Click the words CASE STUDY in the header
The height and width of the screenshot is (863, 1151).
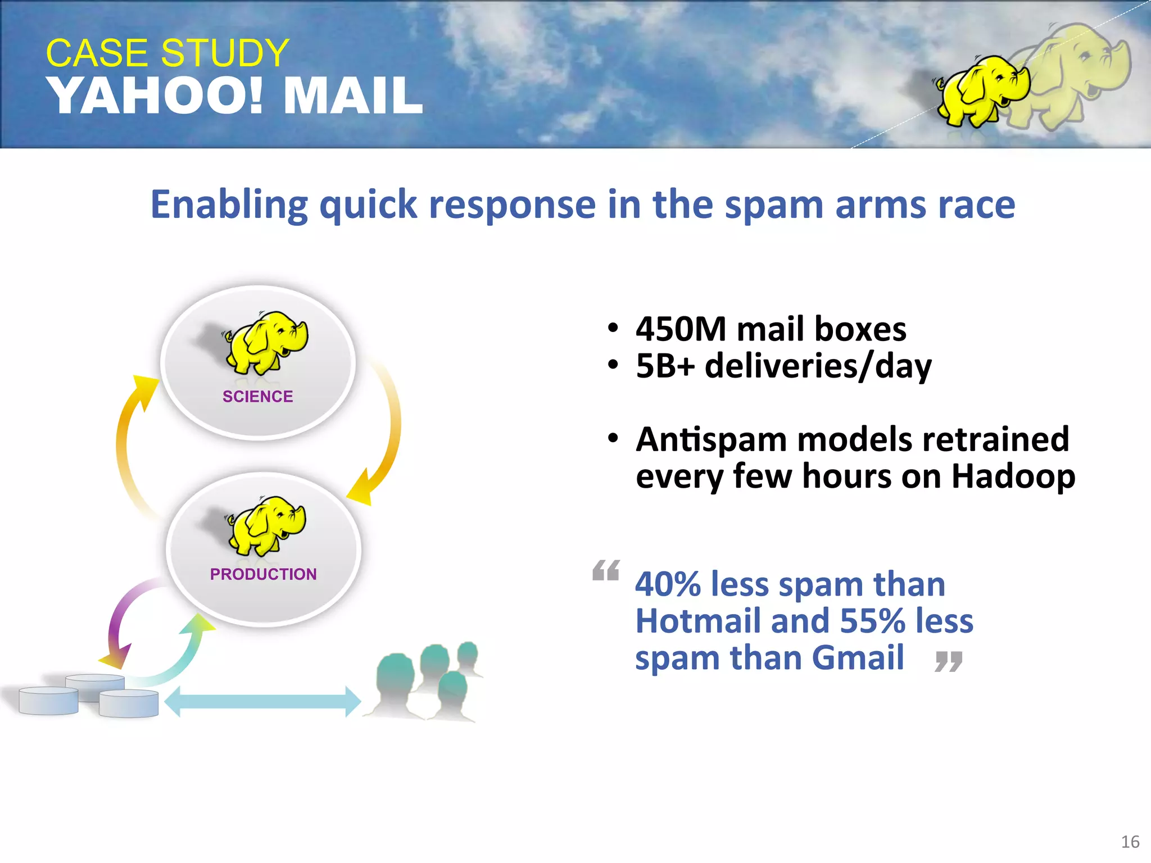tap(167, 53)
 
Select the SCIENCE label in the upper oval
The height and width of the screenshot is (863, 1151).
tap(257, 397)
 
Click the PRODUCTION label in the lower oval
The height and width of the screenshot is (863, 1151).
tap(263, 574)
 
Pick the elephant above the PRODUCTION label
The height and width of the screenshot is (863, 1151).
tap(268, 526)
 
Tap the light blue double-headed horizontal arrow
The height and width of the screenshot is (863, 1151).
tap(262, 701)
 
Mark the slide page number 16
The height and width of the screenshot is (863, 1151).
tap(1130, 842)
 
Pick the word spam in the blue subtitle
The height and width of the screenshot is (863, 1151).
tap(773, 205)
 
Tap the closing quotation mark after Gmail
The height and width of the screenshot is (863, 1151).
tap(949, 662)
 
